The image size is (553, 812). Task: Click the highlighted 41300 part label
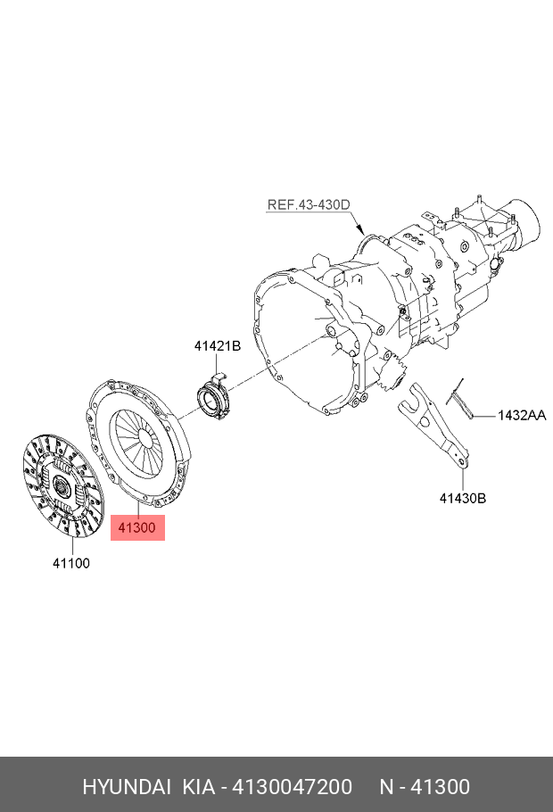137,527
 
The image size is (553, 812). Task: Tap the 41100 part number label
70,563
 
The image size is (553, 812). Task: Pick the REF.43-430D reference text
309,204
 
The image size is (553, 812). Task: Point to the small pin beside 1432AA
460,396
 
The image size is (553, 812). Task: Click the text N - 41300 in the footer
424,787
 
